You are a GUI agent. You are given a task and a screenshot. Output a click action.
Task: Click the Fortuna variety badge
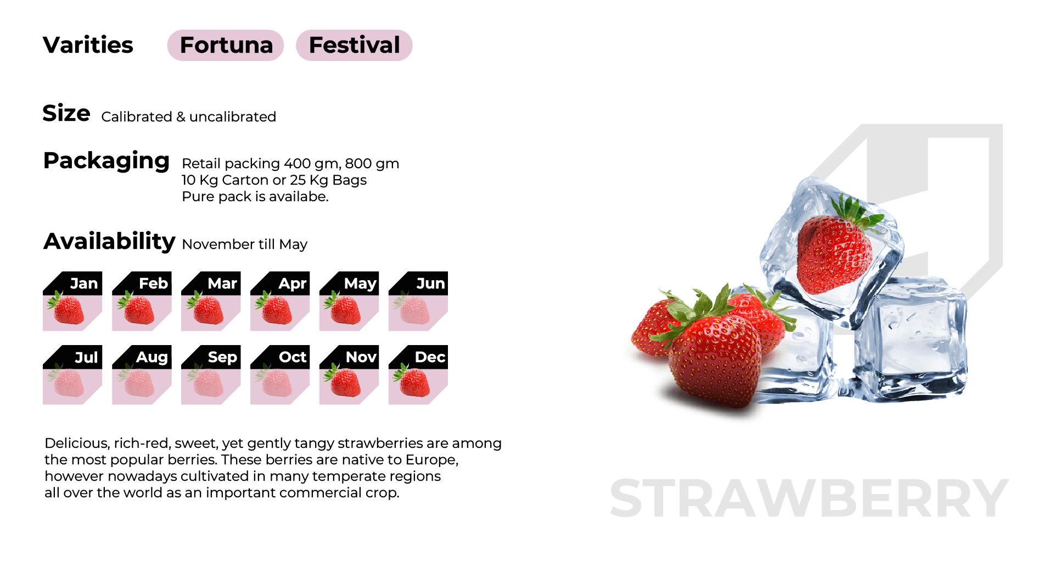point(225,45)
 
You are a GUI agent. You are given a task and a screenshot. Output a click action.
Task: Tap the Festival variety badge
point(354,45)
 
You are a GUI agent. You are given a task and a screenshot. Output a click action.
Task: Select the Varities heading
point(88,45)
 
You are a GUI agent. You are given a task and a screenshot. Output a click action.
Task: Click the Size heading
point(66,113)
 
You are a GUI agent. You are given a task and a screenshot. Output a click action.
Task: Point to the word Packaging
point(106,161)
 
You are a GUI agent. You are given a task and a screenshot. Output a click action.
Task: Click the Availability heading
point(109,241)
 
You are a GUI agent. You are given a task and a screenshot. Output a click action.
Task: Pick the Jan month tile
point(72,301)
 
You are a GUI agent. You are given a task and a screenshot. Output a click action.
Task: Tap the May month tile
point(349,301)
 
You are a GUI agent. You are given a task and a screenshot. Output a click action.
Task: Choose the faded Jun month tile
point(418,301)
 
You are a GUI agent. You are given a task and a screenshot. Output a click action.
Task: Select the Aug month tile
point(142,375)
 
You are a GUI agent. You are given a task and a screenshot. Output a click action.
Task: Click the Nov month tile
point(349,375)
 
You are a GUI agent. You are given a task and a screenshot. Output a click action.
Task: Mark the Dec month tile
point(418,375)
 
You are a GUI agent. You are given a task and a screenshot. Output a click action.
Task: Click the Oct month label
point(293,357)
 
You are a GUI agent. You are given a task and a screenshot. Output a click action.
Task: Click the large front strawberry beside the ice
point(714,360)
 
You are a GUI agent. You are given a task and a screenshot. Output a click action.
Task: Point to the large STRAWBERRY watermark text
point(809,498)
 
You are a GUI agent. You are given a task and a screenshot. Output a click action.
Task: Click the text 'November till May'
point(244,245)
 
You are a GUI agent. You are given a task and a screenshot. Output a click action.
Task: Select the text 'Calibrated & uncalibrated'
point(188,117)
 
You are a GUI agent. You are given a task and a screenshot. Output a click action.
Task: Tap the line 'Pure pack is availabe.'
point(255,197)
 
